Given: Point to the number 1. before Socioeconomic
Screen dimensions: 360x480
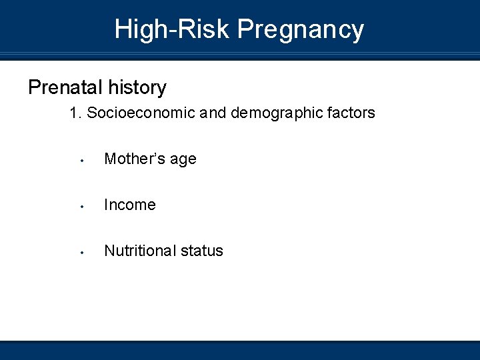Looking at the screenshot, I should [x=75, y=113].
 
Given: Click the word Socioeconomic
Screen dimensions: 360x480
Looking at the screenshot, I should [x=141, y=113].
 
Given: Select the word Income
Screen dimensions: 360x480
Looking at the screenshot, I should [x=130, y=205].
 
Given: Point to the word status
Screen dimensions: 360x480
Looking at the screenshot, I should [x=202, y=251].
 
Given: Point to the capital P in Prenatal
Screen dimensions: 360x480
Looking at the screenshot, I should [x=33, y=87].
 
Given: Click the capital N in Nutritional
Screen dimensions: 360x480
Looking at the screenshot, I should [x=109, y=251].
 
